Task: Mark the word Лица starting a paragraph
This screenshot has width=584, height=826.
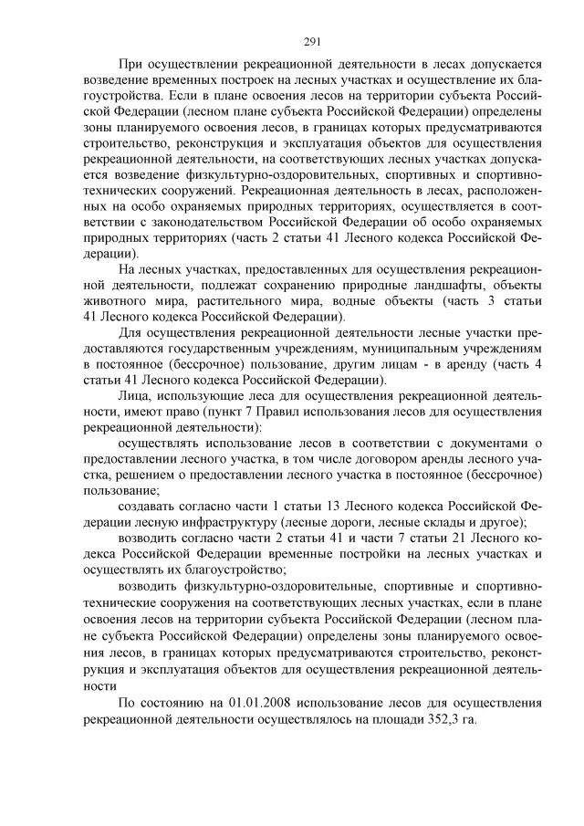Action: (136, 397)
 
